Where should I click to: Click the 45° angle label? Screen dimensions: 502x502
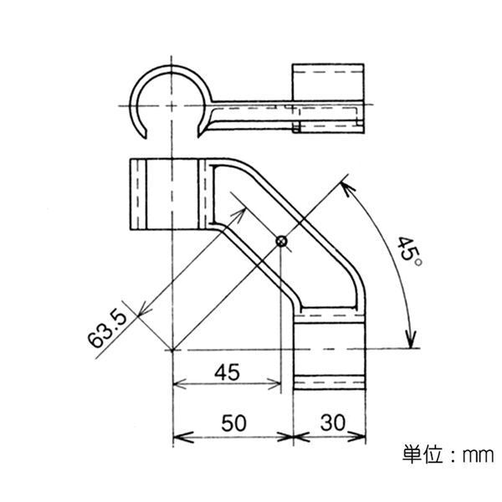tap(409, 250)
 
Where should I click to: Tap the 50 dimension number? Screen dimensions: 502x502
tap(235, 423)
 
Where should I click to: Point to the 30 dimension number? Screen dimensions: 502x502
tap(332, 423)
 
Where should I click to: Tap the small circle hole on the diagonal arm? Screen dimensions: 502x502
tap(282, 241)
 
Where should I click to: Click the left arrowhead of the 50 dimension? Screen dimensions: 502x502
tap(177, 437)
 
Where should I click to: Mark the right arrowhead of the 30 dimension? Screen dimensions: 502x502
tap(361, 437)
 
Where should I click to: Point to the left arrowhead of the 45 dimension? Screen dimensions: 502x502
tap(177, 385)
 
